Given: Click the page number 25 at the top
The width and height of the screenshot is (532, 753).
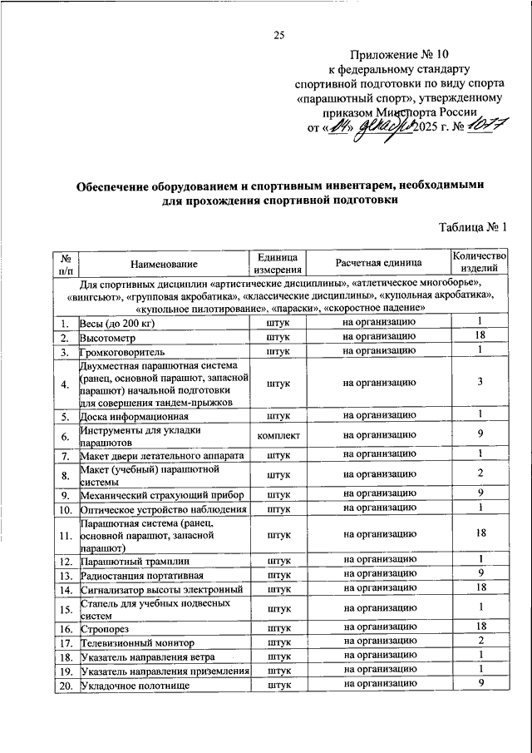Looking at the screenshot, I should [x=279, y=35].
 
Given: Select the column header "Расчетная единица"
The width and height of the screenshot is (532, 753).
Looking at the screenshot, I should [x=378, y=263].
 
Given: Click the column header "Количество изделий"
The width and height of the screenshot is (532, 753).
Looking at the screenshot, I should [x=478, y=263].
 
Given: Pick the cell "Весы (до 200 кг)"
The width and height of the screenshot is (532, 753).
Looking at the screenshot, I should [x=118, y=323].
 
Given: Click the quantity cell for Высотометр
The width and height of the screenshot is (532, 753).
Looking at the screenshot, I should [x=480, y=337].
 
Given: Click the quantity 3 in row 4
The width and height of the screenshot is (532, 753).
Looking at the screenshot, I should [x=480, y=383].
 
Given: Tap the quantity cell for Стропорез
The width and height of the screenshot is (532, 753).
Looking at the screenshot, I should [x=480, y=627].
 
